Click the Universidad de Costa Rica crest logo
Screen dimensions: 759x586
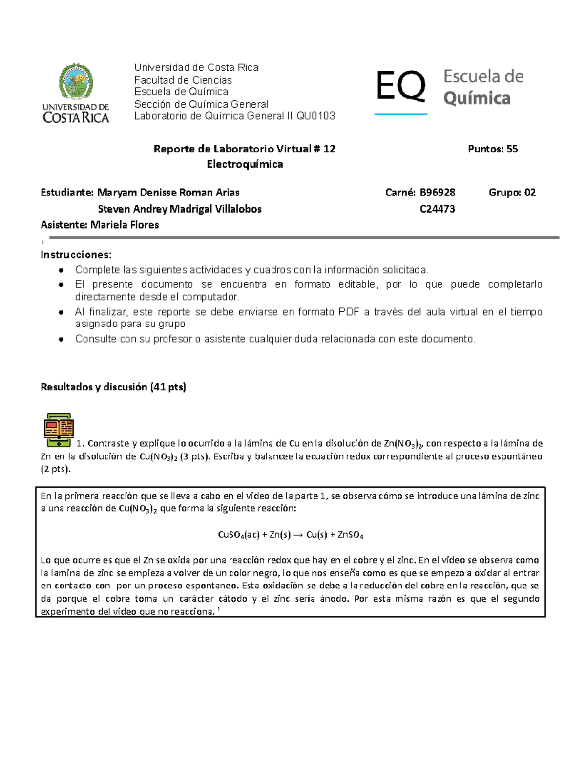[76, 82]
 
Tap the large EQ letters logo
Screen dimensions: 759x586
[400, 86]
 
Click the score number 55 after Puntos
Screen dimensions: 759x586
[512, 149]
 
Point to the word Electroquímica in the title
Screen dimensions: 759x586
[245, 164]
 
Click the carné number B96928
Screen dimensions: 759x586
[437, 193]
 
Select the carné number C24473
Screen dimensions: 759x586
[437, 209]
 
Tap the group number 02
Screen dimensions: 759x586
[530, 193]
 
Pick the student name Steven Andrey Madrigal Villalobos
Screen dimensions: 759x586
[180, 209]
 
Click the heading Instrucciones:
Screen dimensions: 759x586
[76, 255]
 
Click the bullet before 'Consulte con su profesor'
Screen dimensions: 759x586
[61, 339]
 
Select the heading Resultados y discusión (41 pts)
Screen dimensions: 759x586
[113, 387]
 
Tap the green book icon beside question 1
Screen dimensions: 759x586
[59, 430]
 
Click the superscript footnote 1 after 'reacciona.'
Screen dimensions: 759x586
[218, 609]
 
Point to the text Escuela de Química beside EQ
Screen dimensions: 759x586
[482, 87]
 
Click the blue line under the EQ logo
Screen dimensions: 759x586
[400, 114]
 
